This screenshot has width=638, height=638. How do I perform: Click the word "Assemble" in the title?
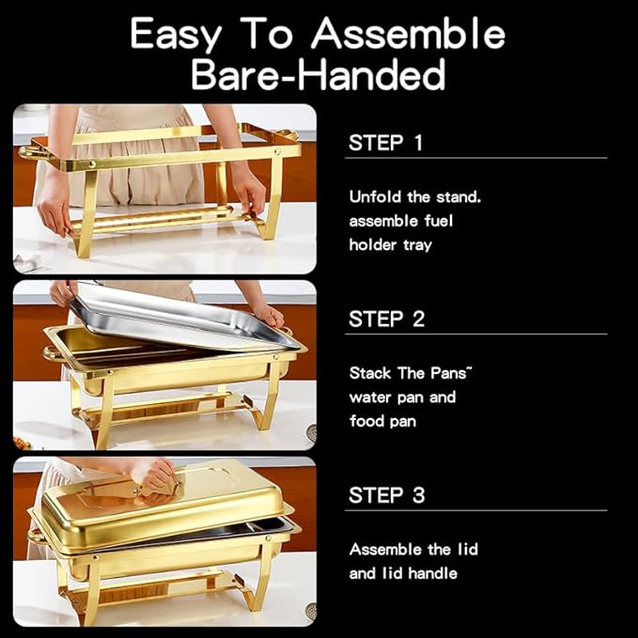pyautogui.click(x=409, y=35)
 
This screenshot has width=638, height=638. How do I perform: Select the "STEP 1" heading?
pyautogui.click(x=385, y=144)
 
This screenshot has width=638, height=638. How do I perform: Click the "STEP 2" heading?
pyautogui.click(x=385, y=319)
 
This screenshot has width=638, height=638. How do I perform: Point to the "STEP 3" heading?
pyautogui.click(x=385, y=495)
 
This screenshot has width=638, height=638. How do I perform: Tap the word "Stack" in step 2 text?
pyautogui.click(x=371, y=373)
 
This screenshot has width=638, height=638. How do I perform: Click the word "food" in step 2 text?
pyautogui.click(x=367, y=421)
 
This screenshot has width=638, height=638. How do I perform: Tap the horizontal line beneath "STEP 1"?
pyautogui.click(x=475, y=158)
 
